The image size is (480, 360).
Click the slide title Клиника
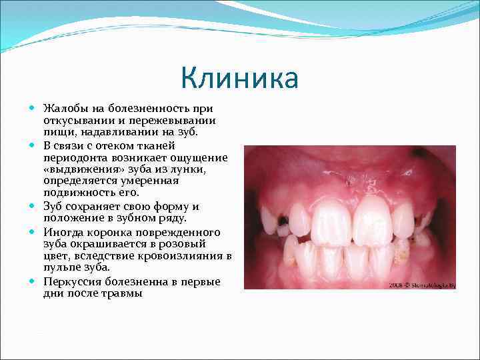[x=239, y=79]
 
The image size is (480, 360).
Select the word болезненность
[x=149, y=109]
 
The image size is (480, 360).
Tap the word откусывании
[x=77, y=121]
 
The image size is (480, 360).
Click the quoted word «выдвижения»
[x=75, y=169]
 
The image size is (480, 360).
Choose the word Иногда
[x=62, y=232]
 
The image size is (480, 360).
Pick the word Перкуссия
[x=73, y=281]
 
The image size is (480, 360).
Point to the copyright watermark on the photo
[x=422, y=285]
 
